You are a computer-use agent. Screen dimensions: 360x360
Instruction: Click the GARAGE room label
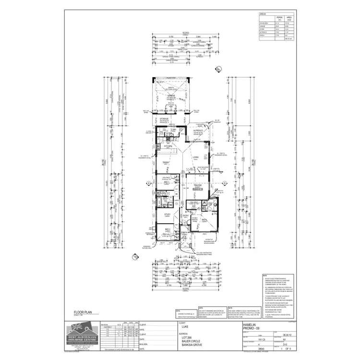[x=170, y=96]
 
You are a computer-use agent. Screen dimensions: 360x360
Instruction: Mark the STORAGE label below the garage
[x=164, y=118]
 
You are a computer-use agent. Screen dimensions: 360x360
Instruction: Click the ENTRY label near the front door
[x=184, y=216]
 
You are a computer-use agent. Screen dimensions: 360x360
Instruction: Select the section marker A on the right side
[x=223, y=183]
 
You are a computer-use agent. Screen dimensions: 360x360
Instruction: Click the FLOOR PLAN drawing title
[x=83, y=312]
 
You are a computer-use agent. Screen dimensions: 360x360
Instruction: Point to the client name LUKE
[x=185, y=326]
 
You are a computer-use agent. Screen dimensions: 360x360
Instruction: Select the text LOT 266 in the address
[x=187, y=336]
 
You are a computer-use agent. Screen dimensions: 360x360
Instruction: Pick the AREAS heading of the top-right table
[x=263, y=15]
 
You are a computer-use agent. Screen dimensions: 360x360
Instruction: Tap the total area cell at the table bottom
[x=288, y=38]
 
